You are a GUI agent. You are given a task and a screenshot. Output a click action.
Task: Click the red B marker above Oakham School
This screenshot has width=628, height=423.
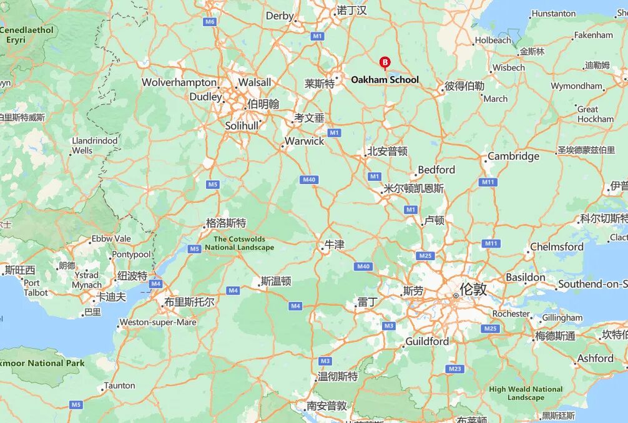tap(385, 62)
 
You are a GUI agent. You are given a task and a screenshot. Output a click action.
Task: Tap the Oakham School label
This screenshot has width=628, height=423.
tap(385, 80)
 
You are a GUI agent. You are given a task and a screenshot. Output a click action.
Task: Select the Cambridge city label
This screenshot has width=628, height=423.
tap(513, 156)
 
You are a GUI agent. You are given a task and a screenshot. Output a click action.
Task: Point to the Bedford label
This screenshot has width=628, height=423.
tap(436, 170)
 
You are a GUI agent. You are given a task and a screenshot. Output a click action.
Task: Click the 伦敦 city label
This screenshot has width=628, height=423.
tap(473, 289)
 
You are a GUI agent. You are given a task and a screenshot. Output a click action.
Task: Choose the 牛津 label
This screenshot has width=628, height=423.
tap(334, 245)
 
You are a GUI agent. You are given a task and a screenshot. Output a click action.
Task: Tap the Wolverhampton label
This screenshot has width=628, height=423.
tap(179, 82)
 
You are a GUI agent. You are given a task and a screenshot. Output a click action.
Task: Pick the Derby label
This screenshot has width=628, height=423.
tap(280, 16)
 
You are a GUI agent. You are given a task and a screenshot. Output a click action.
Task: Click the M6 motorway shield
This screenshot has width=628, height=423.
tap(210, 22)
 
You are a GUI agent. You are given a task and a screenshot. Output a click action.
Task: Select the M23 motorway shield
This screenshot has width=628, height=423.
tap(455, 369)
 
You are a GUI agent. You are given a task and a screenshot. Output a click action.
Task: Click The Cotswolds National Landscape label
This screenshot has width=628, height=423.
tap(239, 243)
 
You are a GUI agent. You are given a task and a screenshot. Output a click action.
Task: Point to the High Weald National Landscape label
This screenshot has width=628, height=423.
tap(526, 393)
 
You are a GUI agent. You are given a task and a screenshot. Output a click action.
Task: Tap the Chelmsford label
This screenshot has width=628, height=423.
tap(557, 246)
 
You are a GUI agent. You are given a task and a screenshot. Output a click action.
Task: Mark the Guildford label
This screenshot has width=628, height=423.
tap(427, 341)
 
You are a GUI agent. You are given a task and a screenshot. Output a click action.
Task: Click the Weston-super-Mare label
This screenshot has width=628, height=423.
tap(158, 323)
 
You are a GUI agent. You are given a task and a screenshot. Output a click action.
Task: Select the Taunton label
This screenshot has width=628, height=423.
tap(119, 386)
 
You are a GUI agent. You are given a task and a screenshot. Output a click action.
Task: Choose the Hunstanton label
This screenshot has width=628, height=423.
tap(553, 14)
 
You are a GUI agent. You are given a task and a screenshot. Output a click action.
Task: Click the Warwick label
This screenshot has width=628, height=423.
tap(305, 141)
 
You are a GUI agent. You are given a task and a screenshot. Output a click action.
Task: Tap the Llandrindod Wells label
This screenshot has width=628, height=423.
tap(94, 145)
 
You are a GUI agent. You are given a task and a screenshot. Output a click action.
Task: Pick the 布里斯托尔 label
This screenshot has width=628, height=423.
tap(189, 302)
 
